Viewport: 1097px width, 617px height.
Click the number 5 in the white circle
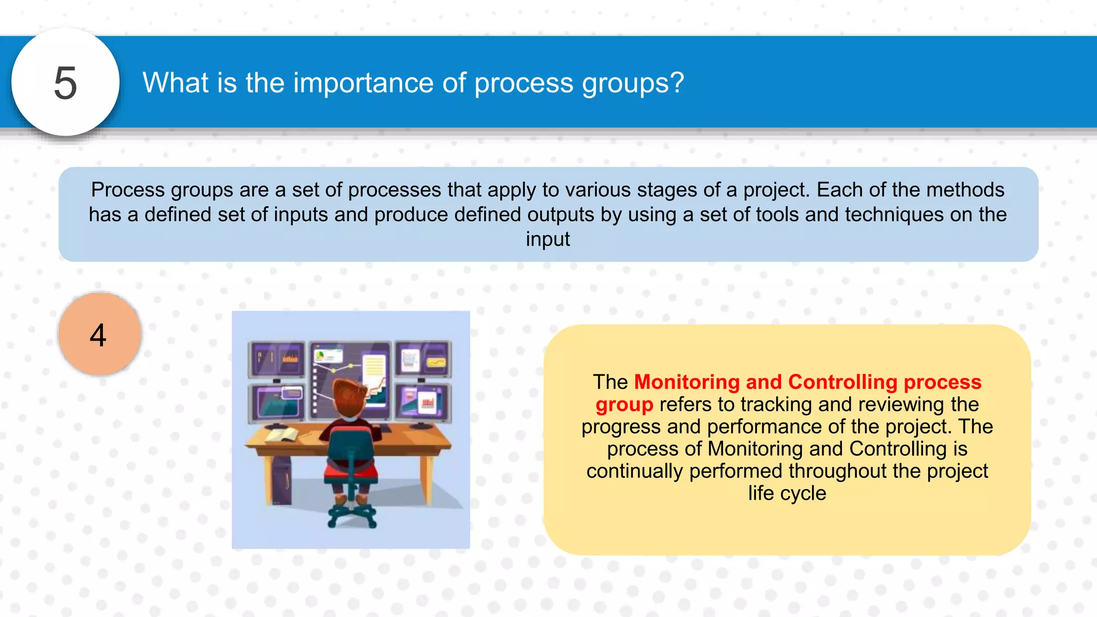(x=65, y=84)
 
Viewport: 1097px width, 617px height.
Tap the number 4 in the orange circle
(x=98, y=335)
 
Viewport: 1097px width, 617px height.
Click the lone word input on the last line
(x=547, y=239)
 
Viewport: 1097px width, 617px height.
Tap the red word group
(x=624, y=404)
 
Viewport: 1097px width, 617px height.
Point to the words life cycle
(x=787, y=493)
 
